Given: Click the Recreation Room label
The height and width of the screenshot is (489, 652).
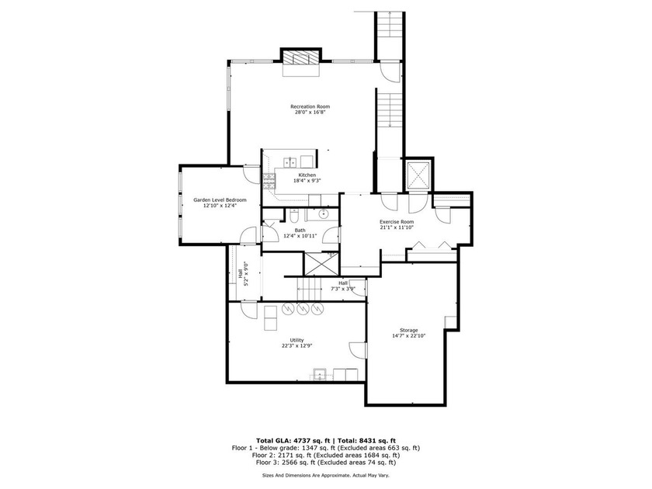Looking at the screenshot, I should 310,106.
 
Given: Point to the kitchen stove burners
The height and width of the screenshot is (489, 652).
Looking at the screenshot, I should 270,181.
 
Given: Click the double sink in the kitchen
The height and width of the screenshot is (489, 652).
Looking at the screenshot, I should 288,162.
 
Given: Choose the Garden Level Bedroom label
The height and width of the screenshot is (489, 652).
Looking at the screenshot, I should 214,199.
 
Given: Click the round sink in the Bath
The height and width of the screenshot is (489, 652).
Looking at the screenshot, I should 324,213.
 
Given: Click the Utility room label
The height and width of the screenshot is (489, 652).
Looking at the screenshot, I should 297,340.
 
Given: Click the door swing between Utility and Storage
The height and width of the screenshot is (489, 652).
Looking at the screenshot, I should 357,350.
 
